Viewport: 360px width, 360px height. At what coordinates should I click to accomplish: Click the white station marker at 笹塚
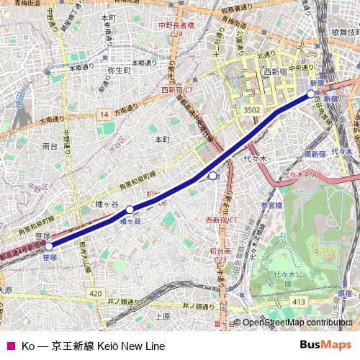(49, 247)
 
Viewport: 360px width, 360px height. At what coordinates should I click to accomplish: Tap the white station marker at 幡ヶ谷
(130, 210)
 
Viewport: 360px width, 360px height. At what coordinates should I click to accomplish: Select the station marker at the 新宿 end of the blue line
(312, 94)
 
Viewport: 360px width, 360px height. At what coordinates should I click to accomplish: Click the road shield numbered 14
(104, 114)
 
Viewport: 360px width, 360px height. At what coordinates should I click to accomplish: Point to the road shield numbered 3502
(251, 109)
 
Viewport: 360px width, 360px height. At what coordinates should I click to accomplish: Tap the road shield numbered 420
(96, 294)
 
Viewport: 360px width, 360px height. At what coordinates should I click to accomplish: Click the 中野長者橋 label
(176, 26)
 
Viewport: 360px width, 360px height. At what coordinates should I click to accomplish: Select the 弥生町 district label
(117, 71)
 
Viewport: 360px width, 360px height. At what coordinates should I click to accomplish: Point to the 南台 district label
(50, 145)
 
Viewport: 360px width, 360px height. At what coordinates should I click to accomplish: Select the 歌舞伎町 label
(345, 32)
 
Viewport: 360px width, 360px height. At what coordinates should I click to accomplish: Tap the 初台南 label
(220, 251)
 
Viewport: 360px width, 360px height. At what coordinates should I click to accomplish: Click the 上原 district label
(162, 316)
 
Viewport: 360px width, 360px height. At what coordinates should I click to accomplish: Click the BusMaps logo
(325, 346)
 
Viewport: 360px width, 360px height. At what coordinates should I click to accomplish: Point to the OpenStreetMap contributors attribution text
(297, 323)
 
